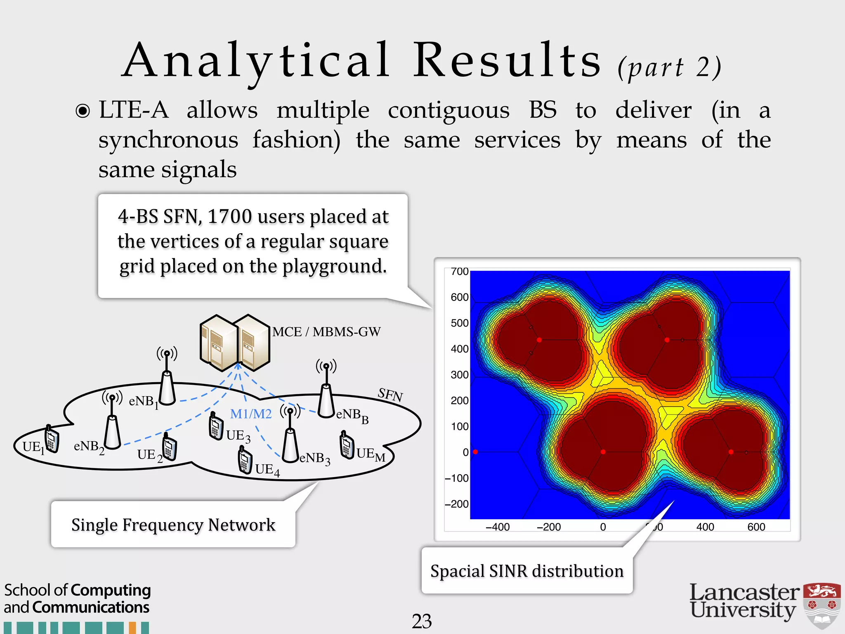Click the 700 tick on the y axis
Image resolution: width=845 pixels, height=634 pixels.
click(x=459, y=272)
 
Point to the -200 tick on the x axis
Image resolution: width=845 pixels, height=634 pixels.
click(x=549, y=527)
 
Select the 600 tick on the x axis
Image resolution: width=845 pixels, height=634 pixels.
click(x=756, y=527)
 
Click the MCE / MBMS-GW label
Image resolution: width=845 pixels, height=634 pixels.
click(x=326, y=332)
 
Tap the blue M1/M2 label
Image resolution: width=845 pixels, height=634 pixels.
click(x=251, y=414)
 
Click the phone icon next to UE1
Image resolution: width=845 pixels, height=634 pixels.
click(x=51, y=439)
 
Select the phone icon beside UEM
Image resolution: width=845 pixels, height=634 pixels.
click(x=347, y=445)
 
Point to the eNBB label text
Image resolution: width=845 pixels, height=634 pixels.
click(x=352, y=415)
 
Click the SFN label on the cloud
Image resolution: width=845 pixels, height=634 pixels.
click(x=390, y=395)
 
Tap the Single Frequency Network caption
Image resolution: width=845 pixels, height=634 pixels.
click(x=173, y=525)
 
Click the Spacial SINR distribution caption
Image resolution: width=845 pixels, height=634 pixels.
click(x=526, y=571)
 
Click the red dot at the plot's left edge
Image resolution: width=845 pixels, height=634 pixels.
click(x=475, y=452)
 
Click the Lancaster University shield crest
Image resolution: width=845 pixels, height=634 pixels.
click(x=822, y=605)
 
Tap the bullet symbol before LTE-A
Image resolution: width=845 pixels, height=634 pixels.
click(x=83, y=111)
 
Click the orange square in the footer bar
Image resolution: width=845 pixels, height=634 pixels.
click(x=132, y=628)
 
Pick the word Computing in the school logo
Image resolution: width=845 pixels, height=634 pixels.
click(x=111, y=590)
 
